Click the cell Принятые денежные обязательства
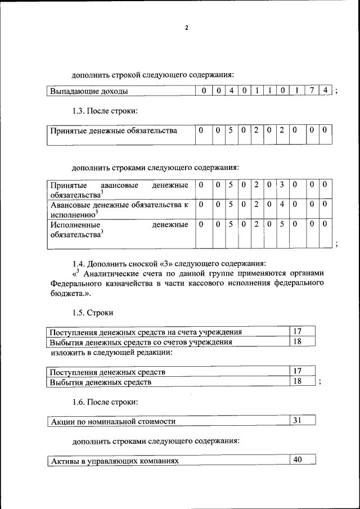114,131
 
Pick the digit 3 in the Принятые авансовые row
282,184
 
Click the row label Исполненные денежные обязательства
119,229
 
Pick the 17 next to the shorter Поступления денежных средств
298,371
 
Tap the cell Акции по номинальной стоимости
113,421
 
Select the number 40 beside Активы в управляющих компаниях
298,460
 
